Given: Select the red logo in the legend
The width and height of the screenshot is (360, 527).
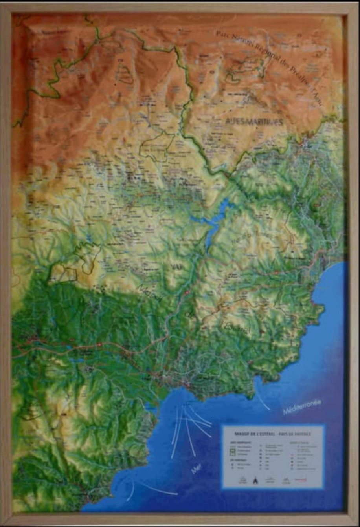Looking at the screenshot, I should coord(300,479).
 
